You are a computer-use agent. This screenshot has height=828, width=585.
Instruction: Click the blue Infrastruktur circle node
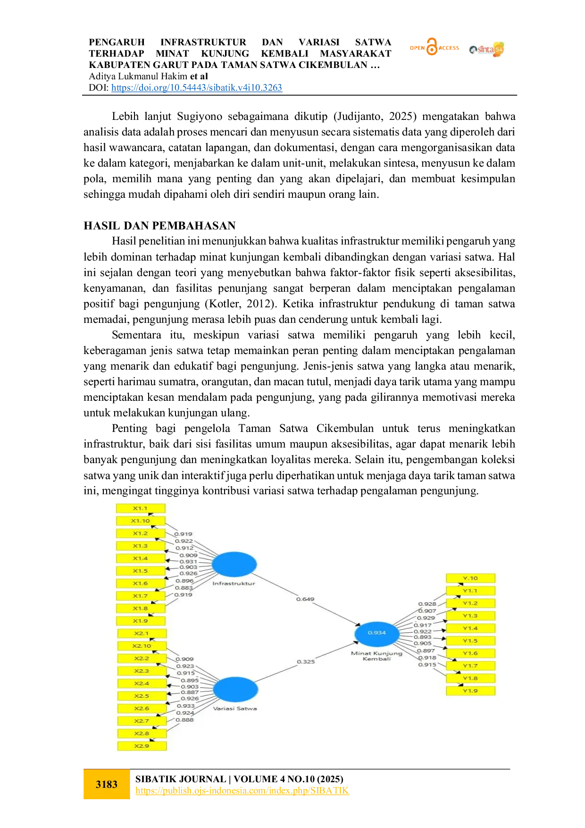(x=234, y=564)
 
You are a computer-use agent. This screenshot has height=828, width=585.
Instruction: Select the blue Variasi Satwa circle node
(x=235, y=690)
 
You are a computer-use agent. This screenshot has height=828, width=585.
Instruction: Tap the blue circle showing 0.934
(x=377, y=633)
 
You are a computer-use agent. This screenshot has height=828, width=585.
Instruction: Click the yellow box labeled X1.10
(x=141, y=521)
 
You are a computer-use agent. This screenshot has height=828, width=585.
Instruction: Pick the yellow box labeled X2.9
(x=142, y=746)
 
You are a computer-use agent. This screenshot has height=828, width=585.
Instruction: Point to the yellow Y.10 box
(x=470, y=578)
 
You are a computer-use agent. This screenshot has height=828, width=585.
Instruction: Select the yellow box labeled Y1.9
(x=470, y=691)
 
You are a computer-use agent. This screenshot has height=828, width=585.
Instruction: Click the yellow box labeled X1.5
(x=141, y=571)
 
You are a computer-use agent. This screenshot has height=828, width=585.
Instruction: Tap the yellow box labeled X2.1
(x=142, y=634)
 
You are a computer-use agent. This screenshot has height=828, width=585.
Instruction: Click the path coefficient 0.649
(x=305, y=599)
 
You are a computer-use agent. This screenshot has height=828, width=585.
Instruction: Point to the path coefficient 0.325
(x=306, y=661)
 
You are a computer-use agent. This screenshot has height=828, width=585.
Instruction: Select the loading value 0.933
(x=185, y=706)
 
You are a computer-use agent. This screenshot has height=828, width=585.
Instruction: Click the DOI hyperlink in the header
(x=197, y=88)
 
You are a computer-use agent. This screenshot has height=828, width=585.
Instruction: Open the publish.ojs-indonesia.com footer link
(x=242, y=790)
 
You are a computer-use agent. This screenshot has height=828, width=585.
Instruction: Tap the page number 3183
(x=107, y=784)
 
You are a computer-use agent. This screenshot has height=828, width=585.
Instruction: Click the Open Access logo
(x=434, y=47)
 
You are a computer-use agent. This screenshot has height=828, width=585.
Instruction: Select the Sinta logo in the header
(x=487, y=49)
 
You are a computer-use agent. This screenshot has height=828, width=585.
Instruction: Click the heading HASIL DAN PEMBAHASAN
(x=159, y=226)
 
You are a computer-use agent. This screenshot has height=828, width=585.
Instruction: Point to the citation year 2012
(x=259, y=304)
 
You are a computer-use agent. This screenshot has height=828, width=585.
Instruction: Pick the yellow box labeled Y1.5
(x=470, y=641)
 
